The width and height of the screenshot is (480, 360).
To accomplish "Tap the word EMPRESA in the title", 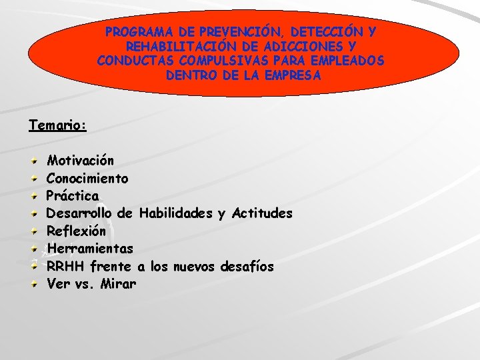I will pyautogui.click(x=289, y=76).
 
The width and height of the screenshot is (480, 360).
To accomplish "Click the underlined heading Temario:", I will pyautogui.click(x=58, y=125).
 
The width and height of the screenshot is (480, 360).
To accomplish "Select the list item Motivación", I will pyautogui.click(x=80, y=161).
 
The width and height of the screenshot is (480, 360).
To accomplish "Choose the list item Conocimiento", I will pyautogui.click(x=87, y=179).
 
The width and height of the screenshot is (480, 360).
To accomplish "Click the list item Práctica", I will pyautogui.click(x=73, y=196).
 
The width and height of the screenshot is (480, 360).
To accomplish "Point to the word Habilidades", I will pyautogui.click(x=176, y=213).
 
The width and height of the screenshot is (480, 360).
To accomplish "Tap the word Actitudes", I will pyautogui.click(x=261, y=213).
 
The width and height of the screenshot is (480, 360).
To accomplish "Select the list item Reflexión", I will pyautogui.click(x=76, y=231).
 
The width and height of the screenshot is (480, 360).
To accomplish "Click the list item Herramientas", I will pyautogui.click(x=90, y=249).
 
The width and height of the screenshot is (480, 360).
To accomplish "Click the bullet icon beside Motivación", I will pyautogui.click(x=35, y=161).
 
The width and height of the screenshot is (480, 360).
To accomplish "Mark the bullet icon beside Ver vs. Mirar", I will pyautogui.click(x=35, y=284).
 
